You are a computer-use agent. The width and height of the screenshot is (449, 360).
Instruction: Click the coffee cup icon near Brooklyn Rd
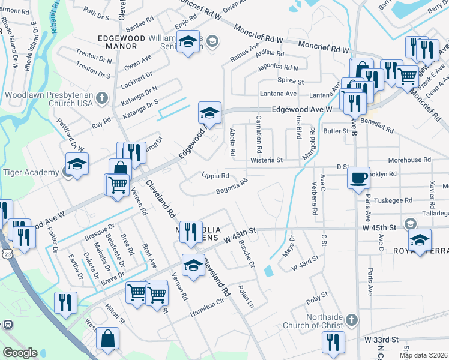358,178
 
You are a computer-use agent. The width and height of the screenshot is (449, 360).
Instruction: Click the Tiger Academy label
30,172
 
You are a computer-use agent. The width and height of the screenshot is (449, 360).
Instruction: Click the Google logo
20,353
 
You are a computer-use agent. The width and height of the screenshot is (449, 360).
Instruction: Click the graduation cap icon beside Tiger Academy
77,164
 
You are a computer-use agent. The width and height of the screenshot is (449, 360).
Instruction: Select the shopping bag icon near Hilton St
108,338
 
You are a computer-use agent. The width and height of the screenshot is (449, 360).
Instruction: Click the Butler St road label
336,130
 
